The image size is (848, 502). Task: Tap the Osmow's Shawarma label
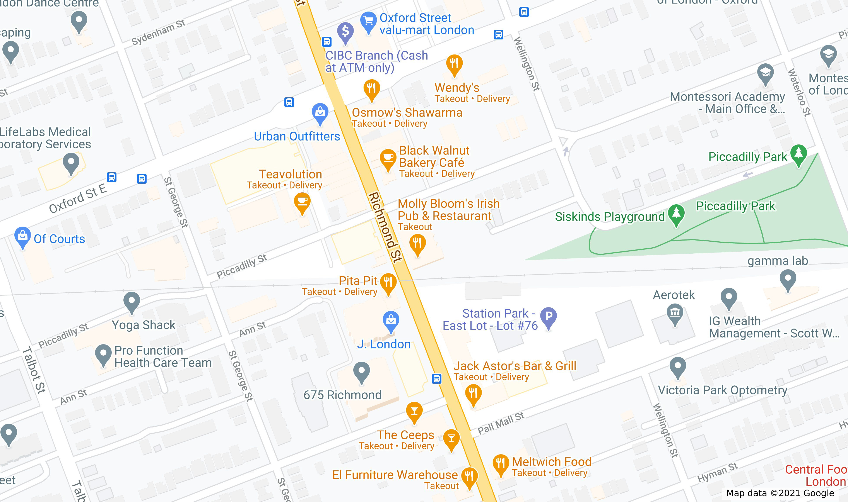[407, 113]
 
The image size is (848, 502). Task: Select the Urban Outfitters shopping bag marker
[320, 112]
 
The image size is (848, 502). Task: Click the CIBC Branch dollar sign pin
[345, 31]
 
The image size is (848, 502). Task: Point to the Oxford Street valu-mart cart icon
[368, 21]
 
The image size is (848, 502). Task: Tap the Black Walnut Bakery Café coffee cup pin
[388, 158]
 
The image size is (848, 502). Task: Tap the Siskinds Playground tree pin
[676, 214]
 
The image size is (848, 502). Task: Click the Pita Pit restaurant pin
[388, 282]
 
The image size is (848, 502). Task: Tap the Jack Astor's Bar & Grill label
[515, 366]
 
